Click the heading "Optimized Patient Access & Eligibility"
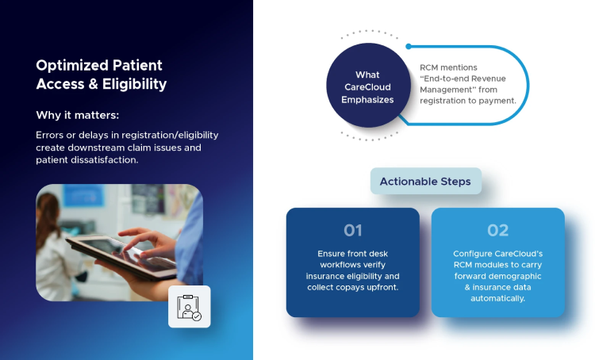[102, 75]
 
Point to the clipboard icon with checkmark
[190, 307]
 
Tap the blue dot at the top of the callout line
[409, 47]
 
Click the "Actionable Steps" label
[425, 182]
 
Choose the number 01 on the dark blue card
[352, 231]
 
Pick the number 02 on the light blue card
[497, 231]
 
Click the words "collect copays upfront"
[353, 287]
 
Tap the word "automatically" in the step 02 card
[497, 298]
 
